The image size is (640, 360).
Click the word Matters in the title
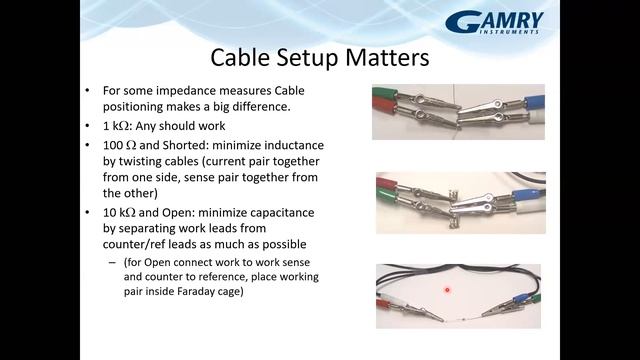(376, 57)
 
